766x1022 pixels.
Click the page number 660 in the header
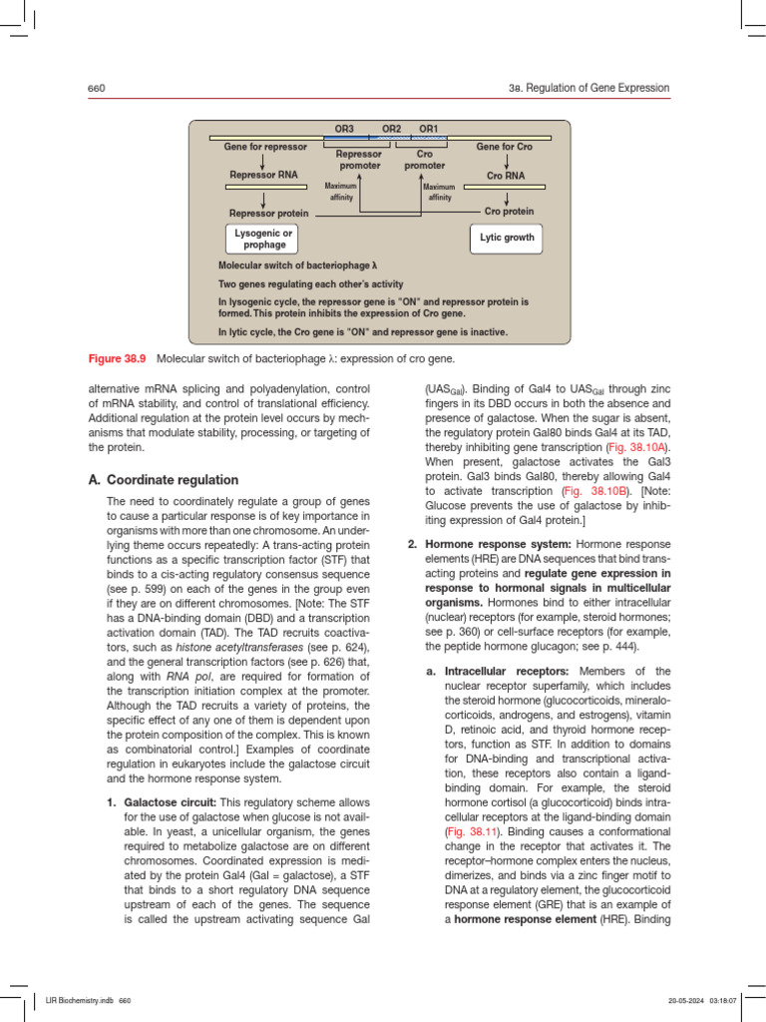pos(97,89)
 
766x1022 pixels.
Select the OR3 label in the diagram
pos(344,129)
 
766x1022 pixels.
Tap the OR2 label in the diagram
pos(392,129)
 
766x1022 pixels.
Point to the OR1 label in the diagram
pos(428,129)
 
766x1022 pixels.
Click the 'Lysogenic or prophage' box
pos(264,239)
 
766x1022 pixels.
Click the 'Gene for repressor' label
pos(265,148)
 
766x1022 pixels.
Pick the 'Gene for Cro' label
pos(505,148)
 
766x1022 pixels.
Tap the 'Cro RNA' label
pos(507,176)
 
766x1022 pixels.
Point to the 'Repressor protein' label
pos(268,213)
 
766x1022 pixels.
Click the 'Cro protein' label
pos(509,212)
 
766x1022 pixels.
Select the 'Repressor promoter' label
pos(359,160)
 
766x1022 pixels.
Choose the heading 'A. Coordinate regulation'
pos(164,479)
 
